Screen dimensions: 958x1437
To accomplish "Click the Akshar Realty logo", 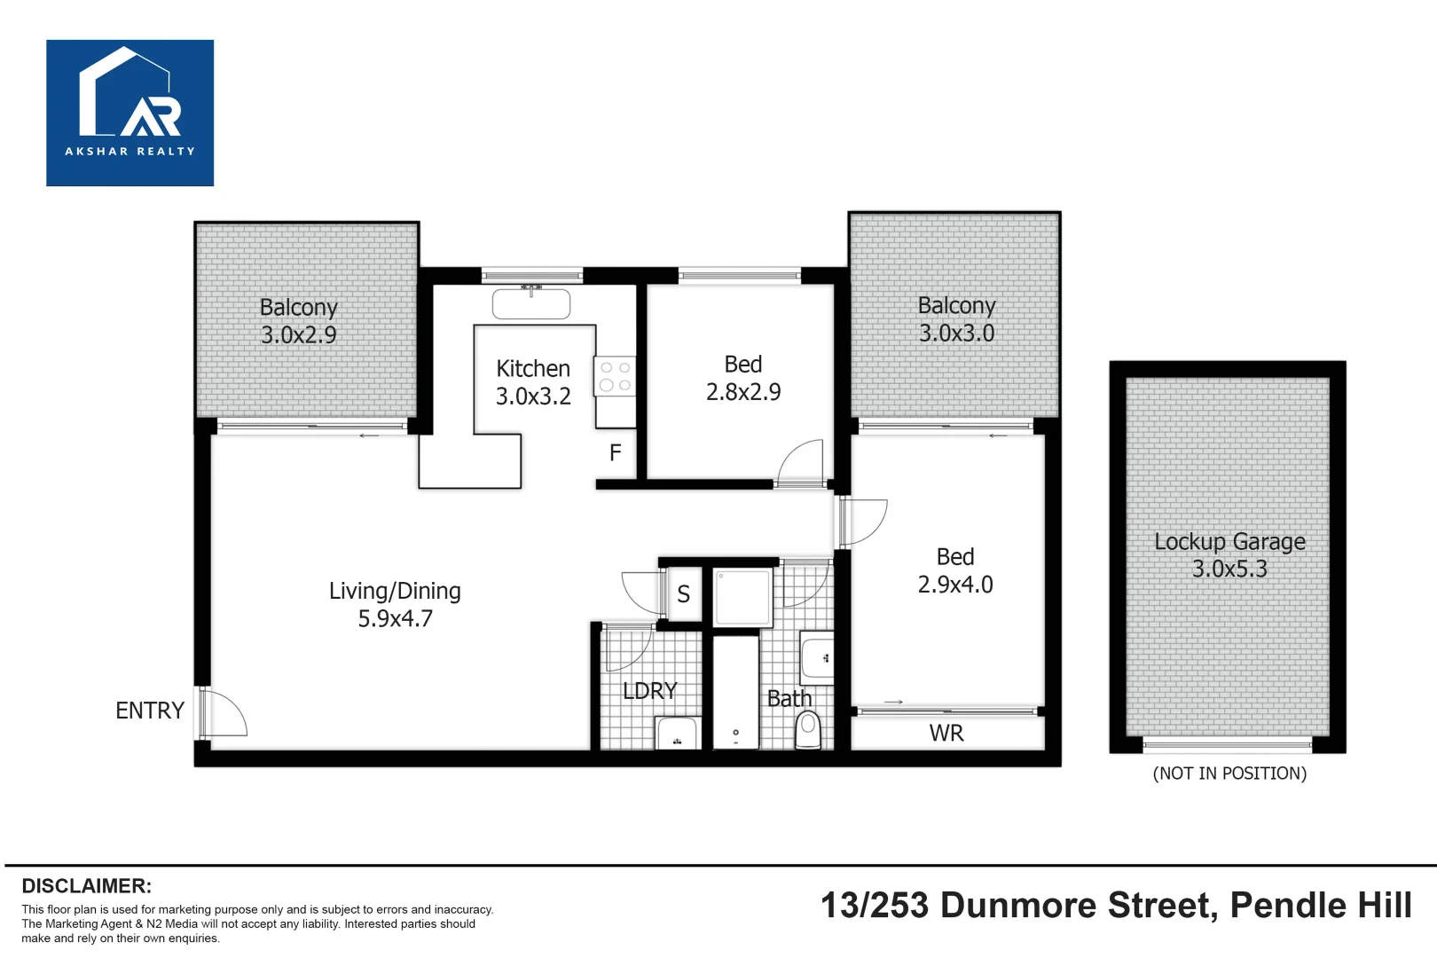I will [x=130, y=113].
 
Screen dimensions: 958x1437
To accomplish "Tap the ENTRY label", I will [x=149, y=711].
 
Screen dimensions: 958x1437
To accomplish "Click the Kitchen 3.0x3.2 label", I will [x=533, y=382].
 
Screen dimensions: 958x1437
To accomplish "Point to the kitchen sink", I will [x=531, y=304].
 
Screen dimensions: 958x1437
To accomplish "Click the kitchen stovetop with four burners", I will [x=615, y=376].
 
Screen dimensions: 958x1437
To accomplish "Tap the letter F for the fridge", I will [x=615, y=453].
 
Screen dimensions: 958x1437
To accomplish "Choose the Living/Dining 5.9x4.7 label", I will [x=395, y=605].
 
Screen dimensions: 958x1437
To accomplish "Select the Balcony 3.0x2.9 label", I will [x=299, y=321].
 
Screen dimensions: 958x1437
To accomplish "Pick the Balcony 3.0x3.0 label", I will [x=956, y=319].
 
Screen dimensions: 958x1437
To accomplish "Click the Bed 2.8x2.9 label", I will [x=743, y=378].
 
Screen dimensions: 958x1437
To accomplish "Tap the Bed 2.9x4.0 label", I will [x=955, y=570].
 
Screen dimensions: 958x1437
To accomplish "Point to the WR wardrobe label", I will [x=946, y=734].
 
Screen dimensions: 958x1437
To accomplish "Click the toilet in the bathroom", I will [x=808, y=730].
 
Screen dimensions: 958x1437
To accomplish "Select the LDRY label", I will [x=649, y=691].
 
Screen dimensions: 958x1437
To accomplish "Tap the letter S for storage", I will [x=683, y=594].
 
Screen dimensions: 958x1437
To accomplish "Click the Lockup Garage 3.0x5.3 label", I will [x=1229, y=555].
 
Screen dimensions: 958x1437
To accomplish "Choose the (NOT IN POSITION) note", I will [x=1229, y=773].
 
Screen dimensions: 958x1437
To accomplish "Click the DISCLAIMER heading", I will [x=86, y=886].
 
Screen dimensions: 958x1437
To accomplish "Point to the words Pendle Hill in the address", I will [x=1321, y=906].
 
